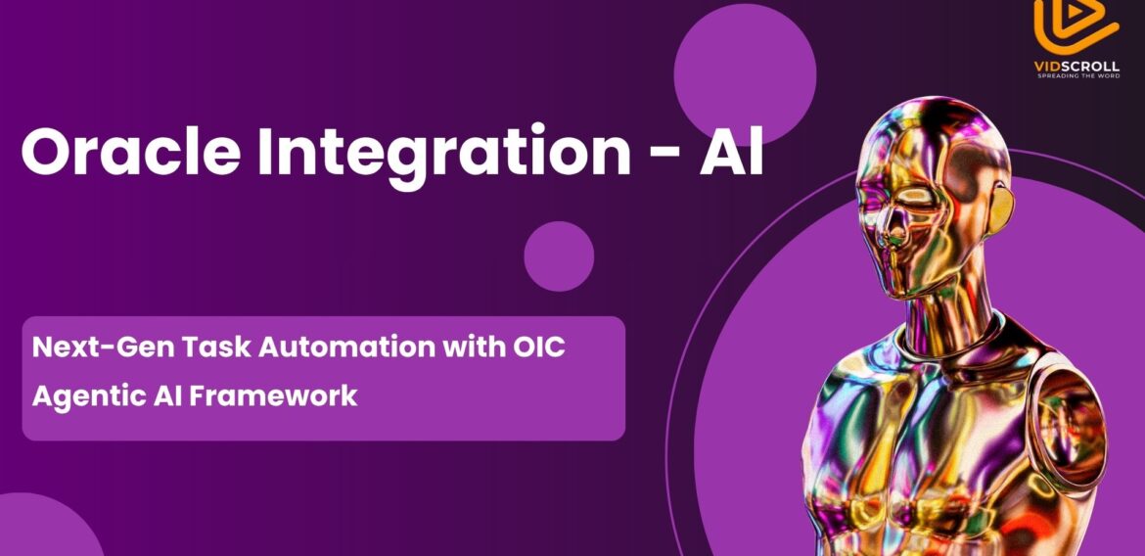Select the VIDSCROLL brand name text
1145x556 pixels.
click(1076, 66)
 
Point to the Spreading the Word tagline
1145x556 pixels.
click(1076, 75)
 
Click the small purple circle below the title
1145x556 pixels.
click(559, 256)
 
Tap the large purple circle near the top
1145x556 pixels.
click(745, 72)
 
